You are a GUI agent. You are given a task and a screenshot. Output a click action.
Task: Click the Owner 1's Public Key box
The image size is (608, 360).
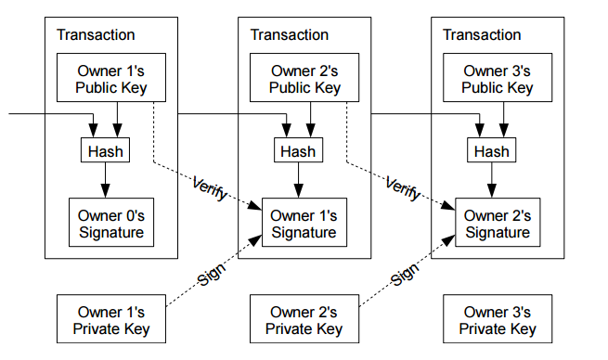tap(111, 78)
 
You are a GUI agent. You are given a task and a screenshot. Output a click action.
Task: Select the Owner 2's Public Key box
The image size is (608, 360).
tap(304, 78)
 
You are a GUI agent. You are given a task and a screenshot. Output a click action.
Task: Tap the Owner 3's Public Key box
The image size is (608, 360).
tap(498, 78)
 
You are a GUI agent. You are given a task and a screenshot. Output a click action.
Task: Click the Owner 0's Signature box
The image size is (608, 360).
tap(111, 223)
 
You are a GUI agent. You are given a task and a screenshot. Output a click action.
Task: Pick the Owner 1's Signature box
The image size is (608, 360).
tap(304, 223)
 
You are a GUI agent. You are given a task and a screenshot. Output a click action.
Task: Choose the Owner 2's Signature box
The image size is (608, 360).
tap(498, 223)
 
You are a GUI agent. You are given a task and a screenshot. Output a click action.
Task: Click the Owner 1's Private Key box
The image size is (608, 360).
tap(111, 319)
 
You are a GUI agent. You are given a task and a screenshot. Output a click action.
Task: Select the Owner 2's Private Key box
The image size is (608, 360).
tap(304, 319)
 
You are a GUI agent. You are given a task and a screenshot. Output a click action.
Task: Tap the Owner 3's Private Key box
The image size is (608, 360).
tap(498, 319)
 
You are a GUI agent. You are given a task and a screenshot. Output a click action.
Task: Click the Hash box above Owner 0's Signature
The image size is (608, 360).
tap(105, 150)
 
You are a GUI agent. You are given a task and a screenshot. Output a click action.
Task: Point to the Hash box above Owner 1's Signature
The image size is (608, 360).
tap(298, 150)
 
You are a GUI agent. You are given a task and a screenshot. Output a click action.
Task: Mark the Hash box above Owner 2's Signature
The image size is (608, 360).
tap(491, 150)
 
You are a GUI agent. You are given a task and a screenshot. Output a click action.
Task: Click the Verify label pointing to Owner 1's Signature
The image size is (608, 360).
tap(210, 188)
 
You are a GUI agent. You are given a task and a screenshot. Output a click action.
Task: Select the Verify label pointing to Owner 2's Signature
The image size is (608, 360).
tap(403, 188)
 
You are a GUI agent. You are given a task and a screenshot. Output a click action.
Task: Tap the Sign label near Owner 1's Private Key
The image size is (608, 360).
tap(212, 275)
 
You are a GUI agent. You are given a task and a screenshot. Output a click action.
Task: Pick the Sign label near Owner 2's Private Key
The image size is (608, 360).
tap(405, 275)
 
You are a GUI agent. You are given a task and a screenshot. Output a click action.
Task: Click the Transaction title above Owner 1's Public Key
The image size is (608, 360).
tap(96, 35)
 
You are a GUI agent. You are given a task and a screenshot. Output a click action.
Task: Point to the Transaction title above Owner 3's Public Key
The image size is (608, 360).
tap(482, 35)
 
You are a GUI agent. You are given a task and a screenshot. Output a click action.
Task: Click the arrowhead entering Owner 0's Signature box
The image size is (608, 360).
tap(105, 191)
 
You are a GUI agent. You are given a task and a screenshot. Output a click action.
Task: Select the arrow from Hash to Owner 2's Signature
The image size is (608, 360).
tap(492, 180)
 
